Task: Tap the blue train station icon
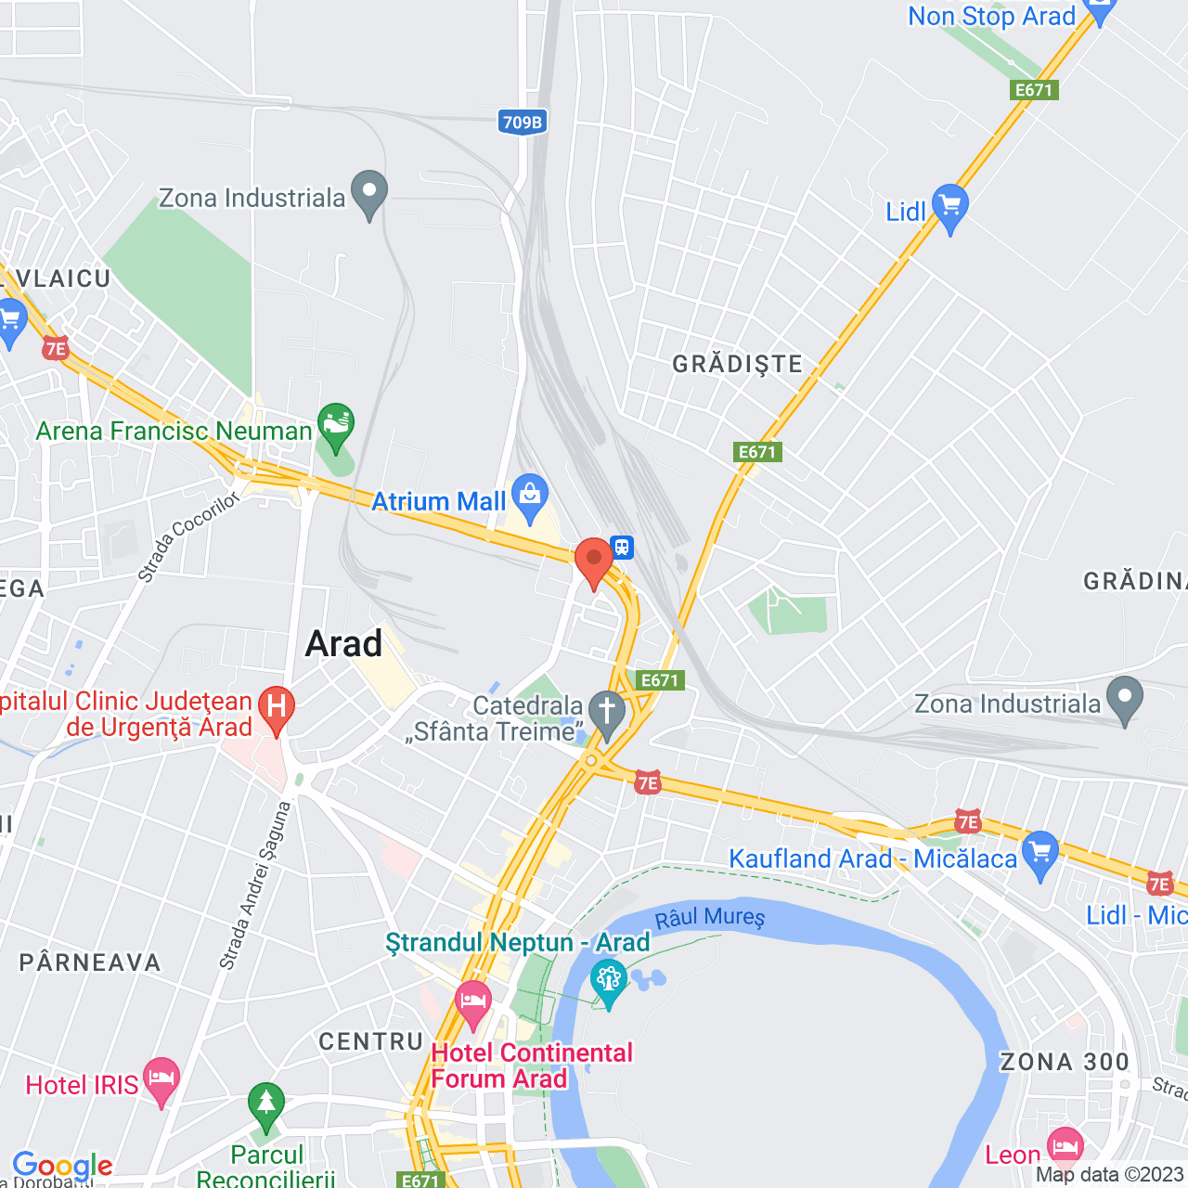click(622, 547)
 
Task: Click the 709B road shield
click(522, 122)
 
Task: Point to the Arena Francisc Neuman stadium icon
click(335, 425)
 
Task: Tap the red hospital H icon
click(276, 707)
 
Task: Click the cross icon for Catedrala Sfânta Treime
click(608, 713)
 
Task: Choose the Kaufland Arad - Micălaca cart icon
click(1039, 853)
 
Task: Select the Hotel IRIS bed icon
click(161, 1079)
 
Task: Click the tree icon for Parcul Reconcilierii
click(266, 1105)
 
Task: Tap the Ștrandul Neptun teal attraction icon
click(609, 983)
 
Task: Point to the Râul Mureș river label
click(710, 919)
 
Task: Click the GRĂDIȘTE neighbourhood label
click(738, 364)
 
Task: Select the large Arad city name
click(343, 643)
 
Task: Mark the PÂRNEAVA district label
click(90, 962)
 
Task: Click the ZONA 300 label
click(1065, 1062)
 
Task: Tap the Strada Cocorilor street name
click(188, 537)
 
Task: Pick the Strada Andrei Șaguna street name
click(255, 885)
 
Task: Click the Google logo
click(62, 1166)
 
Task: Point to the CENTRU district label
click(370, 1041)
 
